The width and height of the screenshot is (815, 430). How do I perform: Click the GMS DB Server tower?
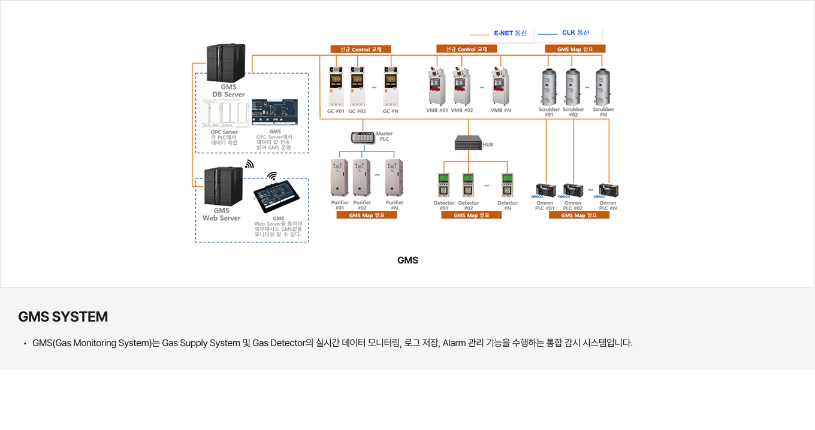pos(225,63)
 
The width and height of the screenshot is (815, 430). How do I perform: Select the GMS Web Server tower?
pos(223,186)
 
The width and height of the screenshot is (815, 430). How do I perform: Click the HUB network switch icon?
pos(468,143)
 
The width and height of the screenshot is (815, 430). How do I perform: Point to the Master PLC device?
pos(363,137)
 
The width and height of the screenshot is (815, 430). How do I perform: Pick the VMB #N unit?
pos(500,87)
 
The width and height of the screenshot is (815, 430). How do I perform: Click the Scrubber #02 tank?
pos(573,87)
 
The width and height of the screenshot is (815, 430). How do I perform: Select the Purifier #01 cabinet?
pos(340,178)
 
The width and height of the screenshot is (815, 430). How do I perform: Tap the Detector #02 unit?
pos(468,185)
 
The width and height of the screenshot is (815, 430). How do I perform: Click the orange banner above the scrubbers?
pos(575,49)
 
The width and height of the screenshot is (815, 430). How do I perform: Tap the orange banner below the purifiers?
pos(366,215)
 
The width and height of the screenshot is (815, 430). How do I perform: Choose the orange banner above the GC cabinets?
pos(360,49)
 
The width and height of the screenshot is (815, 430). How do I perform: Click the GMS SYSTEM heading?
pos(63,317)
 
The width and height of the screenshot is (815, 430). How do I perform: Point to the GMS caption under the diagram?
pos(407,261)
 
